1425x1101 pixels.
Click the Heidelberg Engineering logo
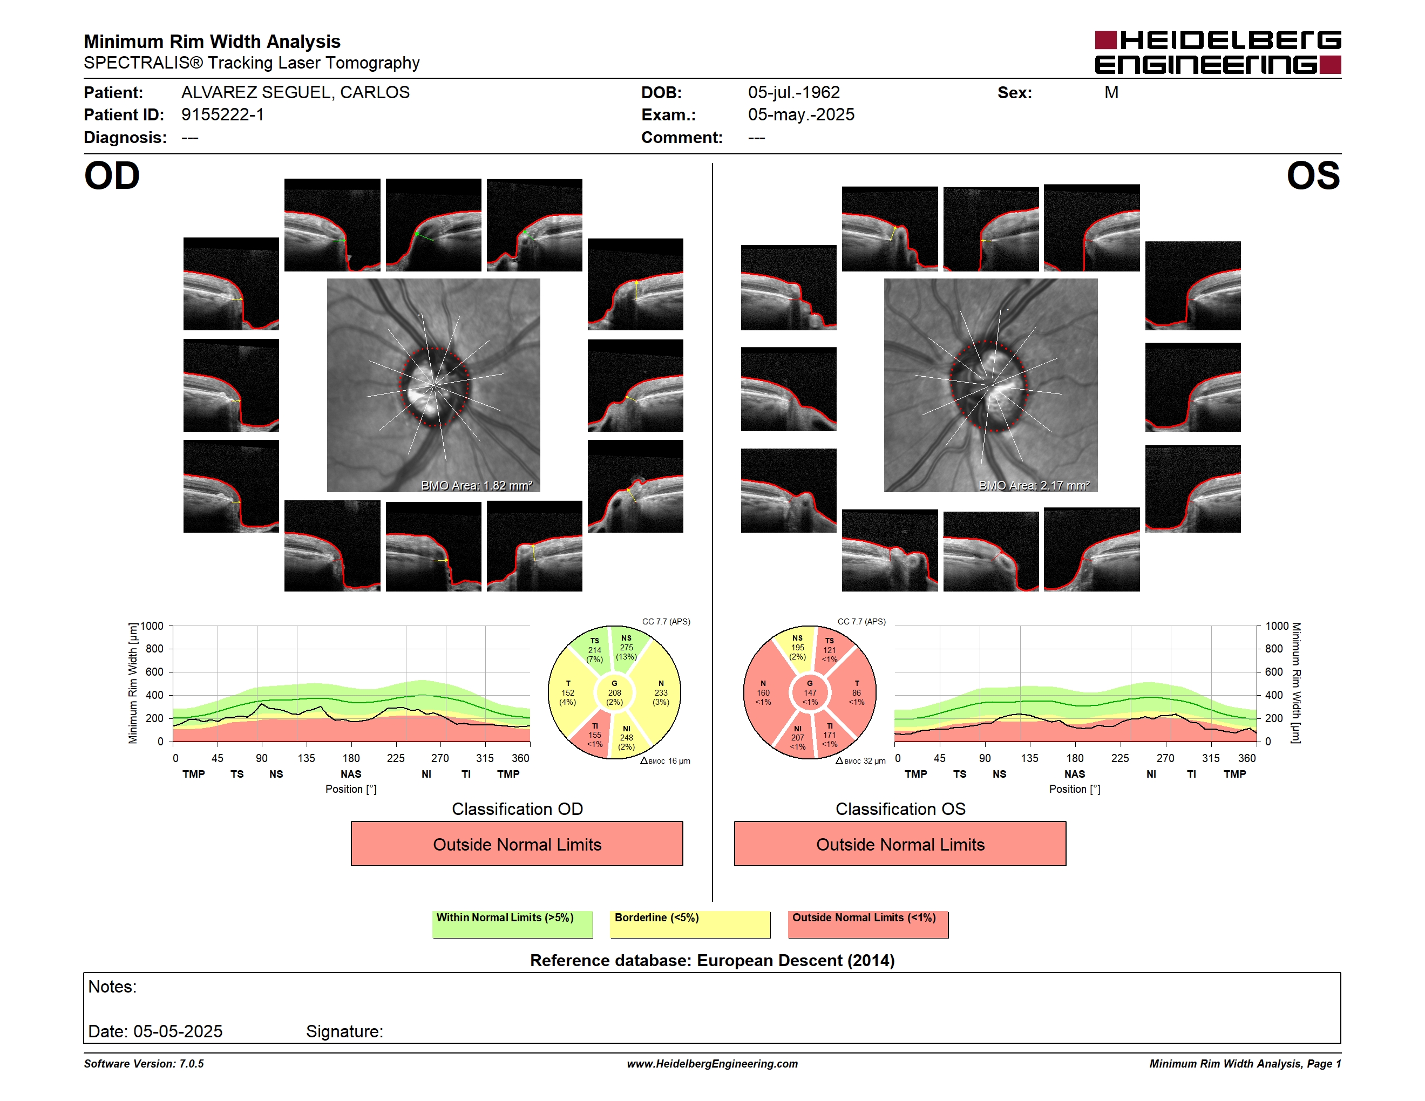pos(1218,52)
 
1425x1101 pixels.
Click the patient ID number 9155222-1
pos(222,115)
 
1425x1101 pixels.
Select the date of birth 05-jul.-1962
pos(793,93)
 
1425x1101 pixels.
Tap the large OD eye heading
pos(112,175)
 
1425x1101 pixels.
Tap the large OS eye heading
pos(1313,175)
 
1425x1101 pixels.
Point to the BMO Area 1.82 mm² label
pos(476,485)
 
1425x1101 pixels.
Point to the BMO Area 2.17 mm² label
pos(1034,485)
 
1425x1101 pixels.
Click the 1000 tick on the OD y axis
pos(151,626)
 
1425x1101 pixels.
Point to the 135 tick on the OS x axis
pos(1029,758)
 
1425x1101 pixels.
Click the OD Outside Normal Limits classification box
pos(517,844)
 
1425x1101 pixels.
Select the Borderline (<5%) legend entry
pos(690,924)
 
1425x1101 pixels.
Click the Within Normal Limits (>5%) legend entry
pos(512,924)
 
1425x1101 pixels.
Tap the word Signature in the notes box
pos(343,1031)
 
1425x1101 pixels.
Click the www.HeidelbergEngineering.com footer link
pos(712,1064)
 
